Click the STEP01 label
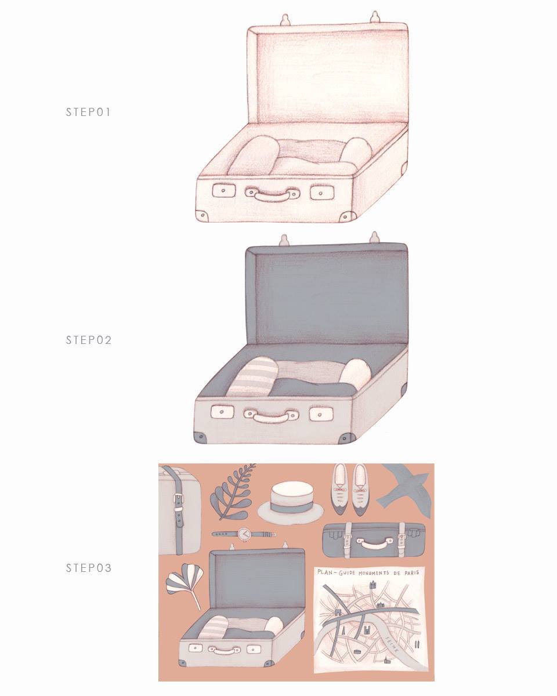coord(88,112)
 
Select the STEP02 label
coord(89,340)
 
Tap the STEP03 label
coord(89,568)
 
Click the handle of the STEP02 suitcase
coord(272,416)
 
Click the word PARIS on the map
coord(411,573)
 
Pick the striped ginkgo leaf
coord(185,585)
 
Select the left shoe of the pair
coord(339,490)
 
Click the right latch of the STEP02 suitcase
coord(321,414)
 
